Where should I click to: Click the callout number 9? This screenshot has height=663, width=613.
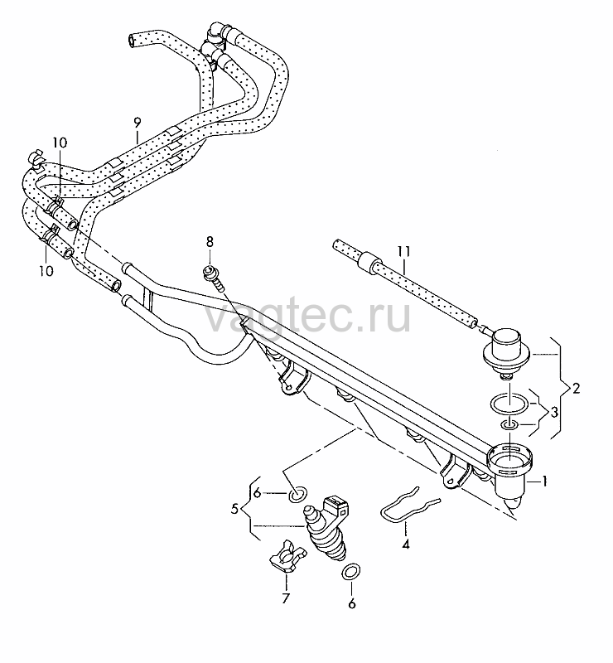tap(137, 123)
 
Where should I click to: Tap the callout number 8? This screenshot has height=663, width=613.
tap(210, 242)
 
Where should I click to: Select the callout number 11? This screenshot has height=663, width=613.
tap(403, 252)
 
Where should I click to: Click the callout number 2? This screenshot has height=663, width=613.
tap(576, 388)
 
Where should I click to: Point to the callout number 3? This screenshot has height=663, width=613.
tap(553, 412)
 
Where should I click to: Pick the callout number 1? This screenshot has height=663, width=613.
tap(544, 482)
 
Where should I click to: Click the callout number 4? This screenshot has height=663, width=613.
tap(405, 544)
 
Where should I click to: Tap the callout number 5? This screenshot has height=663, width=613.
tap(235, 509)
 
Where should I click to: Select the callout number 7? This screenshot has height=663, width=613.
tap(286, 598)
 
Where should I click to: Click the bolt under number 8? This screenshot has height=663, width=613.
tap(214, 277)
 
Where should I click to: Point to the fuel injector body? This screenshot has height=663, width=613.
tap(326, 528)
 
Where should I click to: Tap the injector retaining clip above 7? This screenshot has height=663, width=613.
tap(287, 555)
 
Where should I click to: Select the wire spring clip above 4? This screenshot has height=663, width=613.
tap(406, 506)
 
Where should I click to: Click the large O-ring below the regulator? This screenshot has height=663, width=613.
tap(509, 404)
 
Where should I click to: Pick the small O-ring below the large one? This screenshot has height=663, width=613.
tap(509, 425)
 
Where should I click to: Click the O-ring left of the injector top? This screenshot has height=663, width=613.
tap(298, 493)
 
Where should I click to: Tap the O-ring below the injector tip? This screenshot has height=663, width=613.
tap(351, 572)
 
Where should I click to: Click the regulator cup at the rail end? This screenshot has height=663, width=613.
tap(511, 470)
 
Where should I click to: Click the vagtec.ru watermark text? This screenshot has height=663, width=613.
tap(308, 315)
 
